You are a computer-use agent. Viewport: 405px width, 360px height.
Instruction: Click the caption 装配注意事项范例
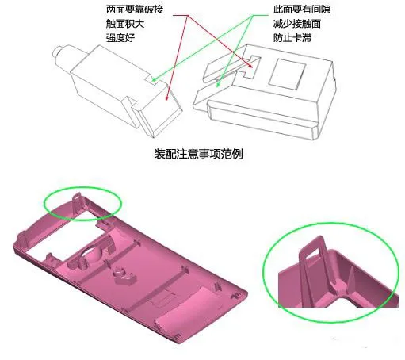point(198,154)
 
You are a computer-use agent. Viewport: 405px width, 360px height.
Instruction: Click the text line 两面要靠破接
point(135,10)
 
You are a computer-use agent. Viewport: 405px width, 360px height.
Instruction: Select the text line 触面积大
point(125,24)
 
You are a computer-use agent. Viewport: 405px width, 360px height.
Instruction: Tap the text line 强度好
point(120,38)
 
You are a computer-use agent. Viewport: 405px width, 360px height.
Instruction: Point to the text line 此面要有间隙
point(302,10)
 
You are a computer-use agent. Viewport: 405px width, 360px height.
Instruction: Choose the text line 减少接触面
point(297,24)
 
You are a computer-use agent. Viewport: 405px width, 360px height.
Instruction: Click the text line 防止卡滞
point(292,38)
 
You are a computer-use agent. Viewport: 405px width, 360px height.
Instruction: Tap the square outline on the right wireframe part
point(287,74)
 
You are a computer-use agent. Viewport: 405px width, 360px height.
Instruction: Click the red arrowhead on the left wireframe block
point(166,98)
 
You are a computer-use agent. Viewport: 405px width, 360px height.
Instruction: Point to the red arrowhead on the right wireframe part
point(250,65)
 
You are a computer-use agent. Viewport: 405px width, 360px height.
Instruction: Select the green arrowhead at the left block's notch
point(154,79)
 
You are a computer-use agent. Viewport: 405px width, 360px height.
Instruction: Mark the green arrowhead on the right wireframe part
point(218,85)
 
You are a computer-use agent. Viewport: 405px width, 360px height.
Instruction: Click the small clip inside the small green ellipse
point(77,202)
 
